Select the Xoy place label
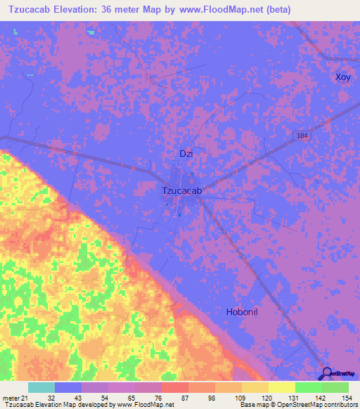pos(342,77)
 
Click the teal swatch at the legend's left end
pos(41,387)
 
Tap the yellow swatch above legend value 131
pos(282,387)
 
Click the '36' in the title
pos(120,9)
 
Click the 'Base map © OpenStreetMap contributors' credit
pos(298,405)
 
